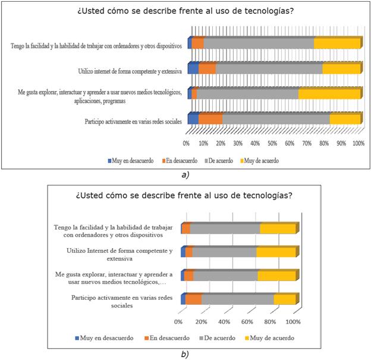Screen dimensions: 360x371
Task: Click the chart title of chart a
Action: pos(185,11)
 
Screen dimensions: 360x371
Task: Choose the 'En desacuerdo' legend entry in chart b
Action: pos(167,338)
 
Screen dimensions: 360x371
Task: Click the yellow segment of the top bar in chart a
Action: pos(337,43)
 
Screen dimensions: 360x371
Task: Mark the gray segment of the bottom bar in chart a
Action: pos(276,120)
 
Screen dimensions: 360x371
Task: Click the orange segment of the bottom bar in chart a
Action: pos(210,120)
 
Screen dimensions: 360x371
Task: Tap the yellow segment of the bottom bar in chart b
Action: pos(284,299)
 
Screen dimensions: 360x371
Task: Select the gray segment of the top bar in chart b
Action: pos(225,229)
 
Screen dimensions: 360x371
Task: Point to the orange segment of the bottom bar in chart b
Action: pos(193,299)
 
